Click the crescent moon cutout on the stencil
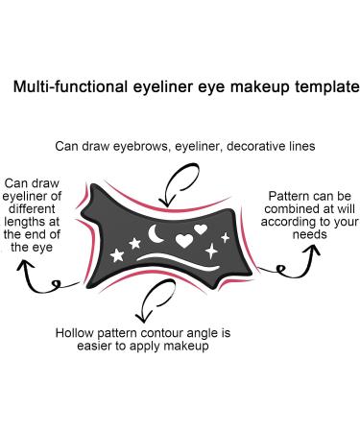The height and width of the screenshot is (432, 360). (x=154, y=233)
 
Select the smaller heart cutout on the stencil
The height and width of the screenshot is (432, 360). (x=201, y=229)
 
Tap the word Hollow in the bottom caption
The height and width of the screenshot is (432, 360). (x=76, y=331)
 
